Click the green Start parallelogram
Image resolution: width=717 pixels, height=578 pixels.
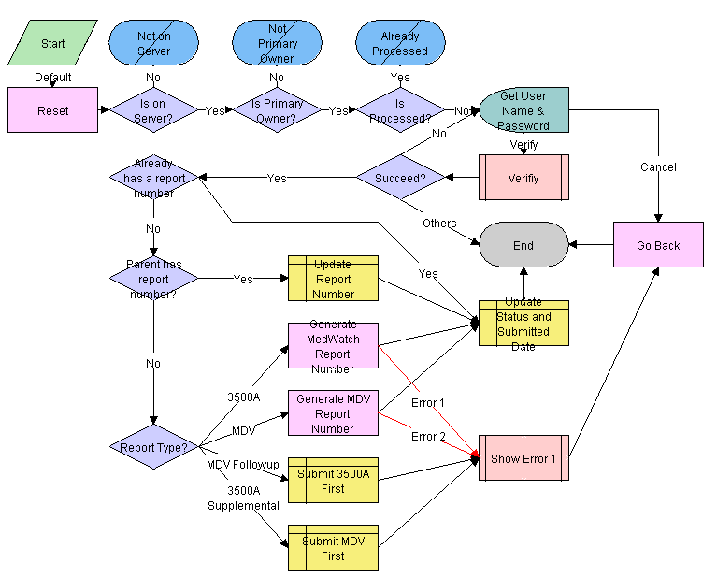(52, 43)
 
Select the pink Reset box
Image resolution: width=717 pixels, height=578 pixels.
(52, 110)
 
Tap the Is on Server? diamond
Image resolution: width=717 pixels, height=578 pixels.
(154, 110)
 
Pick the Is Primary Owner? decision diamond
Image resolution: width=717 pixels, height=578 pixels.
(277, 110)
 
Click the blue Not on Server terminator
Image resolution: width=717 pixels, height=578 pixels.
(154, 43)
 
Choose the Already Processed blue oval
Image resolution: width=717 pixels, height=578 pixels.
(400, 43)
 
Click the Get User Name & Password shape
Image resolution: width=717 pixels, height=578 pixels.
(523, 110)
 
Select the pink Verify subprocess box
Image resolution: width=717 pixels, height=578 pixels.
(523, 178)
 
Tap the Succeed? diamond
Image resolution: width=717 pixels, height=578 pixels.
(400, 178)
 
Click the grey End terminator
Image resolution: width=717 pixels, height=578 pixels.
(523, 245)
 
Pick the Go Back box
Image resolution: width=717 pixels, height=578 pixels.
(658, 245)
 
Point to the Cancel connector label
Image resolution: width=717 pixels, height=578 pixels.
(658, 167)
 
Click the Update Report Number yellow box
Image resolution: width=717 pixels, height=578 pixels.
(333, 279)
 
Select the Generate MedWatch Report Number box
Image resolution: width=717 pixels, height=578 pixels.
(333, 346)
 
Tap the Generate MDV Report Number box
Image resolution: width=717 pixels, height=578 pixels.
(333, 413)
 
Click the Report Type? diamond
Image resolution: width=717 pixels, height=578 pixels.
(154, 447)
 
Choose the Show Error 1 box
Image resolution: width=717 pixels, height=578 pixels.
(523, 458)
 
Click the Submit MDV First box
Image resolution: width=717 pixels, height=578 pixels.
(333, 548)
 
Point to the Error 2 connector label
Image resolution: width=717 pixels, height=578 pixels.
(429, 437)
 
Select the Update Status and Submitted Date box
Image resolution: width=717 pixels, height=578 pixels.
(523, 324)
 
